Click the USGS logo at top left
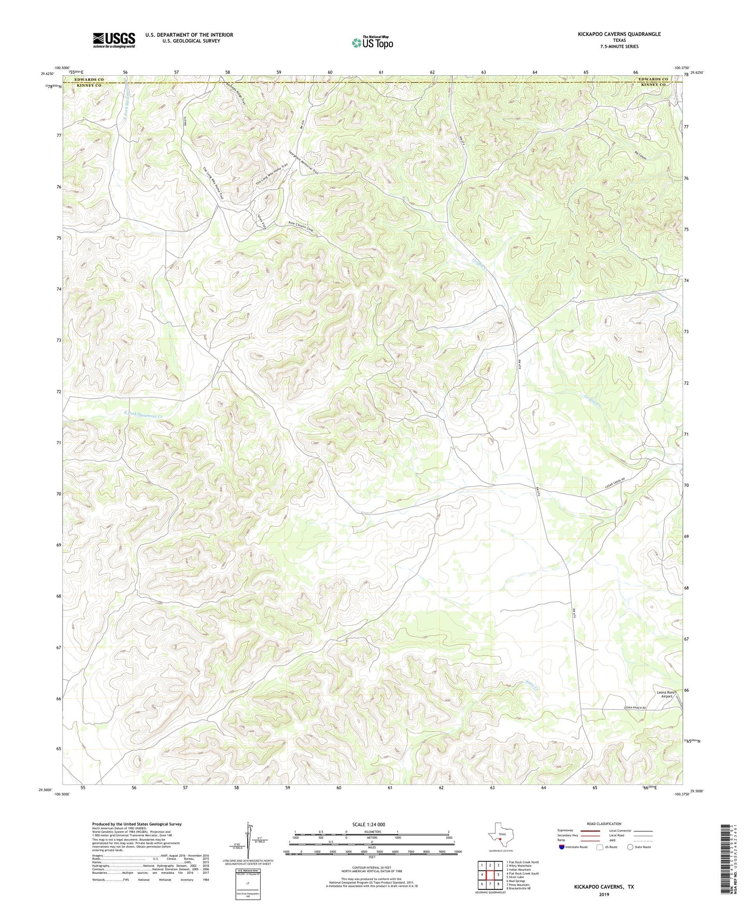(x=114, y=40)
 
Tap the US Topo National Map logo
(x=372, y=42)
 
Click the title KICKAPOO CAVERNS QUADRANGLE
(x=619, y=34)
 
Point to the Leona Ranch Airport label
(x=666, y=695)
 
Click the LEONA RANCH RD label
(x=635, y=709)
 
